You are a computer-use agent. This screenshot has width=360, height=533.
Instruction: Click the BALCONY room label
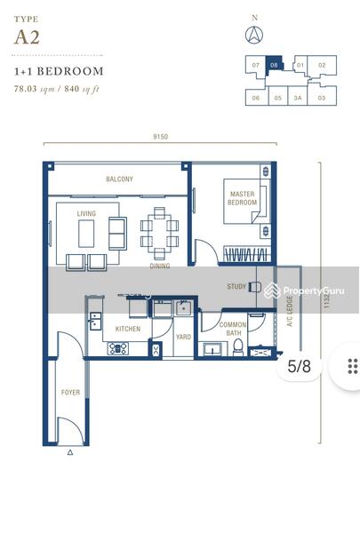119,179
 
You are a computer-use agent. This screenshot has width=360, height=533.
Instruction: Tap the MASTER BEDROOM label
243,198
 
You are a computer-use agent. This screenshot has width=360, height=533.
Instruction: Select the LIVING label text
86,213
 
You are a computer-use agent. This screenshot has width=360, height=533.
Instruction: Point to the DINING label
159,266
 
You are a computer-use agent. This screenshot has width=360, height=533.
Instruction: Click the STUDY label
236,286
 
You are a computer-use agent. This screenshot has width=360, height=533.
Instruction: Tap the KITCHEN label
127,329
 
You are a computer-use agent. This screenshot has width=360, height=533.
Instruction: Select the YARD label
183,337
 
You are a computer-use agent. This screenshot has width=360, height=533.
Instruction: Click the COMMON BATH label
233,330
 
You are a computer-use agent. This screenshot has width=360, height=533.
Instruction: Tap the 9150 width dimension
160,137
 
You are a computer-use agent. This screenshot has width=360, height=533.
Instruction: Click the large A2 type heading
27,36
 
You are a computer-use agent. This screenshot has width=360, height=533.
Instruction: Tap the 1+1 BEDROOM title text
59,71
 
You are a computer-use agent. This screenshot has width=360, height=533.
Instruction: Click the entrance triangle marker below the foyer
70,452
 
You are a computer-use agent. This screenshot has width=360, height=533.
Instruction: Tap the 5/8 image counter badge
300,365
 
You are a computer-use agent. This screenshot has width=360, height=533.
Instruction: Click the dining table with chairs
159,228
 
